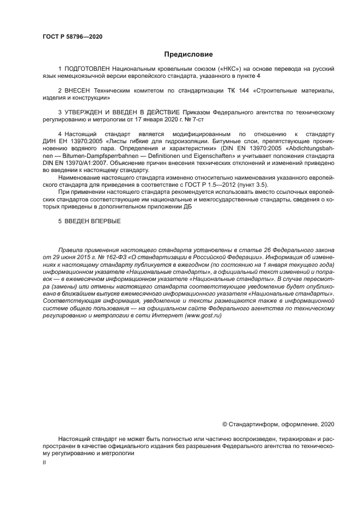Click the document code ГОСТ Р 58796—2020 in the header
point(72,37)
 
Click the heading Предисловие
point(188,54)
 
